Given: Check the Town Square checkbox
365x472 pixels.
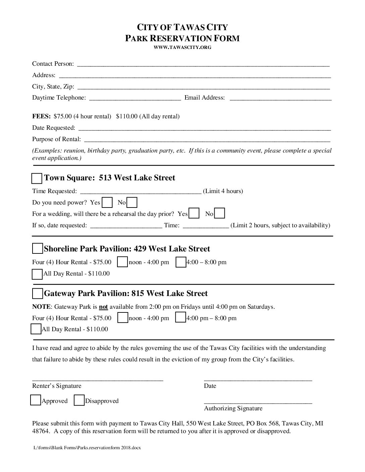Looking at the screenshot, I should click(37, 178).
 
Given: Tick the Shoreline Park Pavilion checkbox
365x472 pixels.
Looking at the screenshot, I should click(37, 249).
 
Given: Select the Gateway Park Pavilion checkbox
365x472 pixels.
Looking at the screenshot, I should click(37, 294).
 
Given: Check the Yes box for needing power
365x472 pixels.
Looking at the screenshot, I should click(107, 202).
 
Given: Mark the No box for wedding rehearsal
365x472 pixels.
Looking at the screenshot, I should click(219, 214).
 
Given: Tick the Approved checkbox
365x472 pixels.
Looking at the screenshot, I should click(36, 400).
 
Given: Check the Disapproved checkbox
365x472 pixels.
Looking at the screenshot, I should click(79, 400).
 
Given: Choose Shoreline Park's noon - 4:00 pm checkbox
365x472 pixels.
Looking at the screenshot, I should click(122, 262).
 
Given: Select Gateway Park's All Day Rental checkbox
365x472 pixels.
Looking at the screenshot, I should click(36, 329).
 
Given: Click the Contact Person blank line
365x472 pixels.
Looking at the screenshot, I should click(203, 65).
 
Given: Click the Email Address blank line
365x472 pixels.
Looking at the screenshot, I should click(281, 99).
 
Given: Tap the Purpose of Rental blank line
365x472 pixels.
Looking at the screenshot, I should click(207, 140).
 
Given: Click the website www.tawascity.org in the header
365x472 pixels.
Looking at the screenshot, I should click(182, 48).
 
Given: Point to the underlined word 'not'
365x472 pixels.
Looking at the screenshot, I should click(103, 307).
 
